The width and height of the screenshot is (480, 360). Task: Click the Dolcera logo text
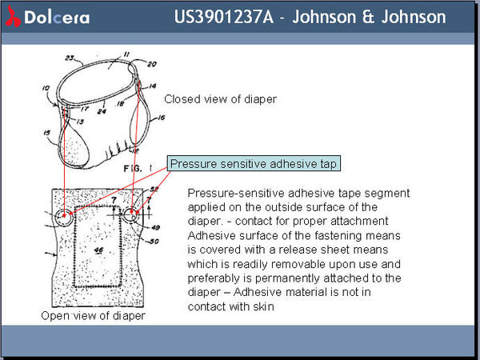point(50,18)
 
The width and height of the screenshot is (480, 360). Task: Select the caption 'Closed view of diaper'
point(220,100)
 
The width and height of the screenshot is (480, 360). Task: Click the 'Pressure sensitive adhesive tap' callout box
point(254,163)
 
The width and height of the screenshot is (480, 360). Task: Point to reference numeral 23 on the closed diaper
point(69,57)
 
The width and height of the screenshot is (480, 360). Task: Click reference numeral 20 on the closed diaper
point(152,64)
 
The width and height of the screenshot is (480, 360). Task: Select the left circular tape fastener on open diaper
point(62,217)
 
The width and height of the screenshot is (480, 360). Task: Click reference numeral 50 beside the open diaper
point(154,241)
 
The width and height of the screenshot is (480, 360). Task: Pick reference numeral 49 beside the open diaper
point(155,227)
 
